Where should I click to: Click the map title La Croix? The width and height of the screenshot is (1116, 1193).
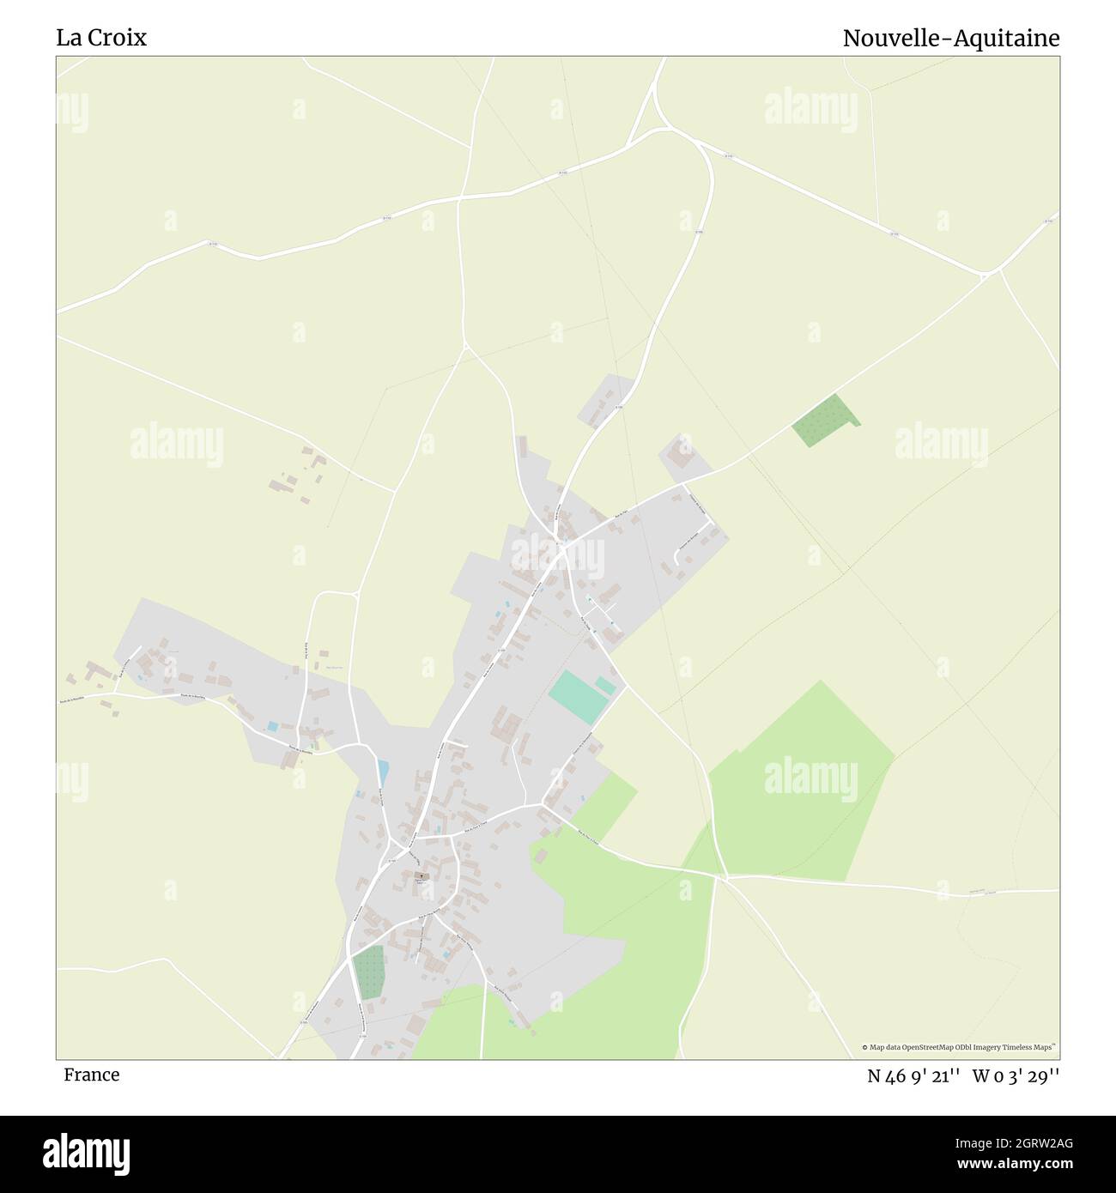click(x=101, y=38)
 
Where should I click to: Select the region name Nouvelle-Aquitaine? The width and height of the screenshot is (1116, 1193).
click(x=950, y=39)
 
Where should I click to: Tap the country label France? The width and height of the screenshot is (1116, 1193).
click(x=91, y=1075)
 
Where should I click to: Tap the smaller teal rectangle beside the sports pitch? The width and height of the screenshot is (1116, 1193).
click(x=605, y=686)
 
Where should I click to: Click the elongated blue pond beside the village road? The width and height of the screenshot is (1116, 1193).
click(x=382, y=772)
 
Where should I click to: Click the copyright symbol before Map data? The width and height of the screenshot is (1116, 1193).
click(x=864, y=1047)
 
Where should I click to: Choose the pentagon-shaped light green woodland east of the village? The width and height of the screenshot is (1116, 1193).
click(x=798, y=781)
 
